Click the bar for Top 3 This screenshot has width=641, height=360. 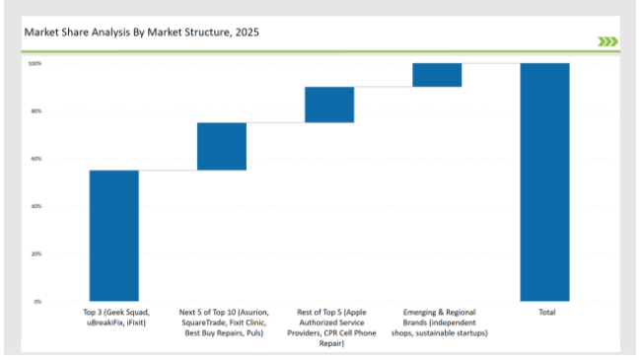pyautogui.click(x=113, y=235)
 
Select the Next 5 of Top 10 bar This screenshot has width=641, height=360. pyautogui.click(x=222, y=146)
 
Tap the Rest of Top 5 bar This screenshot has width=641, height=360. pyautogui.click(x=329, y=105)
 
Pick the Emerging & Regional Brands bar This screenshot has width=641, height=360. pyautogui.click(x=437, y=75)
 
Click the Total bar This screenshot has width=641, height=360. pyautogui.click(x=544, y=181)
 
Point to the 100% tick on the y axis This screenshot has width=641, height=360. pyautogui.click(x=35, y=63)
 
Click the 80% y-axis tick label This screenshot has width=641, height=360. pyautogui.click(x=36, y=111)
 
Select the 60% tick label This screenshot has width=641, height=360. pyautogui.click(x=36, y=159)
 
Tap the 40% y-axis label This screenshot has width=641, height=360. pyautogui.click(x=36, y=206)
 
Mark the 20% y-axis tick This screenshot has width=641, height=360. pyautogui.click(x=36, y=253)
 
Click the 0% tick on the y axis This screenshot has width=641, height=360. pyautogui.click(x=37, y=301)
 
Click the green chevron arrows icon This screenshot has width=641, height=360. pyautogui.click(x=607, y=41)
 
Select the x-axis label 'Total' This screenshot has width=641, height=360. pyautogui.click(x=545, y=313)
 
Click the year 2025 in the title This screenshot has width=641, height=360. pyautogui.click(x=249, y=32)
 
